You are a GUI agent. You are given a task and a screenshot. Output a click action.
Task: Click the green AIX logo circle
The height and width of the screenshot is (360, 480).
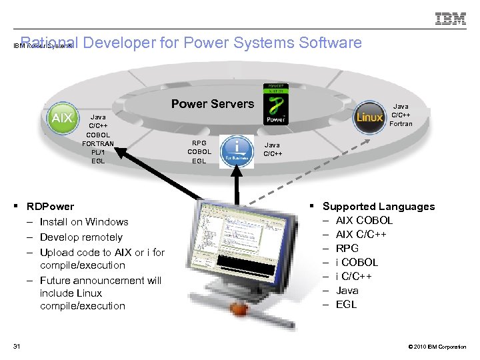click(62, 118)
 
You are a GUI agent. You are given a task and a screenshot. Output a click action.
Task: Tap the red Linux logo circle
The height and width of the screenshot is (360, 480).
click(369, 117)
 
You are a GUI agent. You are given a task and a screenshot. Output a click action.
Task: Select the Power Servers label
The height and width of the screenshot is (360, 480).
click(213, 104)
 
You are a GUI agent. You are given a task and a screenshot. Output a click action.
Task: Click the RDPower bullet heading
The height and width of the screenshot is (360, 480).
click(50, 207)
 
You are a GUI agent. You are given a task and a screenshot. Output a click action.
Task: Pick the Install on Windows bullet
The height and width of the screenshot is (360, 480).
click(84, 222)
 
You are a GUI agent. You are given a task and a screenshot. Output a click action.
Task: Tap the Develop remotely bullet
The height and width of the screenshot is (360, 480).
click(81, 237)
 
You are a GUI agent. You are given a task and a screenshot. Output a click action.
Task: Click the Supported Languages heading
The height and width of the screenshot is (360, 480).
click(378, 207)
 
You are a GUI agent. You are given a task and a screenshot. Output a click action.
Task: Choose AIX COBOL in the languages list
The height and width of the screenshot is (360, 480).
click(364, 221)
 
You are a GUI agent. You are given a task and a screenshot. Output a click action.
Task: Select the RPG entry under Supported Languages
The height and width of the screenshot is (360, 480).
click(347, 248)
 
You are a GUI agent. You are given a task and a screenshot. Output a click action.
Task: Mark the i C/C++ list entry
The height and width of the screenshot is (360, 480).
click(353, 276)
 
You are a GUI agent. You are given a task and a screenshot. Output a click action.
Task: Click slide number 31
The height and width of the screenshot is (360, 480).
click(16, 345)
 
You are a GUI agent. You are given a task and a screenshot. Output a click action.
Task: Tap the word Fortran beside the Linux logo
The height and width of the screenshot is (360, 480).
click(401, 123)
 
